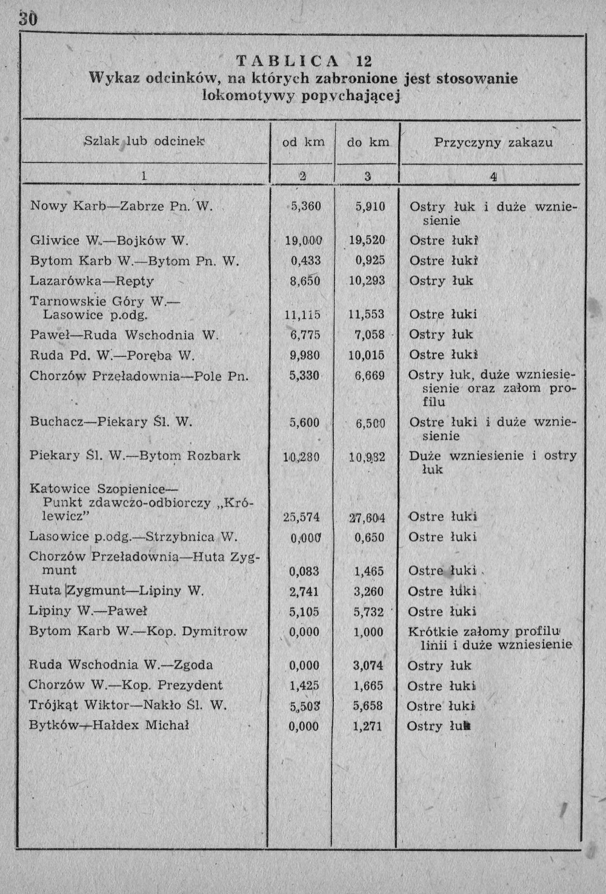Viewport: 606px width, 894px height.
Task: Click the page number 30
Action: point(28,19)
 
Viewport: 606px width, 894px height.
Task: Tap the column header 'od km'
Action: point(304,142)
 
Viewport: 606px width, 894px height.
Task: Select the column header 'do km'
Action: point(368,142)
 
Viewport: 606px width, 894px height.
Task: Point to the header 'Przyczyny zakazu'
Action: point(493,142)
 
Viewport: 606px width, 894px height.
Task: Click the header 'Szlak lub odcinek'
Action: point(144,141)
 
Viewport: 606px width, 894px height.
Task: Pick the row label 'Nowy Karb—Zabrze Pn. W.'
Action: point(121,206)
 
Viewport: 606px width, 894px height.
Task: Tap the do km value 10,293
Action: point(367,281)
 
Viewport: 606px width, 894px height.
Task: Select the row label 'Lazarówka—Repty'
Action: point(92,281)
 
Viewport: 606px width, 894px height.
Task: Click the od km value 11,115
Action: point(302,315)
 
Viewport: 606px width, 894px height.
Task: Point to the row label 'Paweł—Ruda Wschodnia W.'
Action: point(124,335)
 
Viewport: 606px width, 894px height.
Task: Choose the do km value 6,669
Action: point(369,376)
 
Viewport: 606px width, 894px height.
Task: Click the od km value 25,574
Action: point(301,518)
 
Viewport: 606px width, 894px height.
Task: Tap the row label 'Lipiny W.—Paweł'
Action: point(88,611)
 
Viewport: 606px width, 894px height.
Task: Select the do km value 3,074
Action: point(368,665)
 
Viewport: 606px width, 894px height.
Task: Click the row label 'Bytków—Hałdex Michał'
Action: point(109,726)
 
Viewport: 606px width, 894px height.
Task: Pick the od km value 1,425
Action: point(304,686)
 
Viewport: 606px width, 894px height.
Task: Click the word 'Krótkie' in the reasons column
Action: point(431,632)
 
